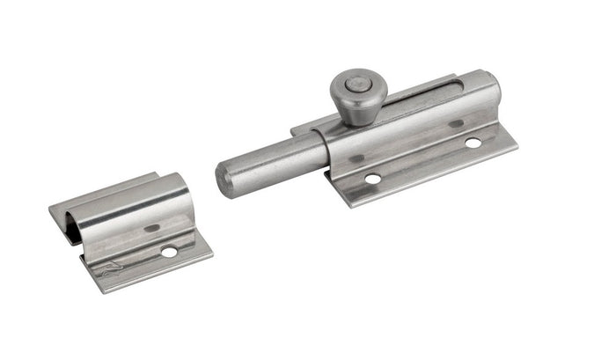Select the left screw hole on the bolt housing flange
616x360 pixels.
[373, 179]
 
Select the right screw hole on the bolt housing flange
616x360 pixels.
[473, 143]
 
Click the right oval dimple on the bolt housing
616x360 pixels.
[455, 124]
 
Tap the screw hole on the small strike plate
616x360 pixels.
[168, 253]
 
